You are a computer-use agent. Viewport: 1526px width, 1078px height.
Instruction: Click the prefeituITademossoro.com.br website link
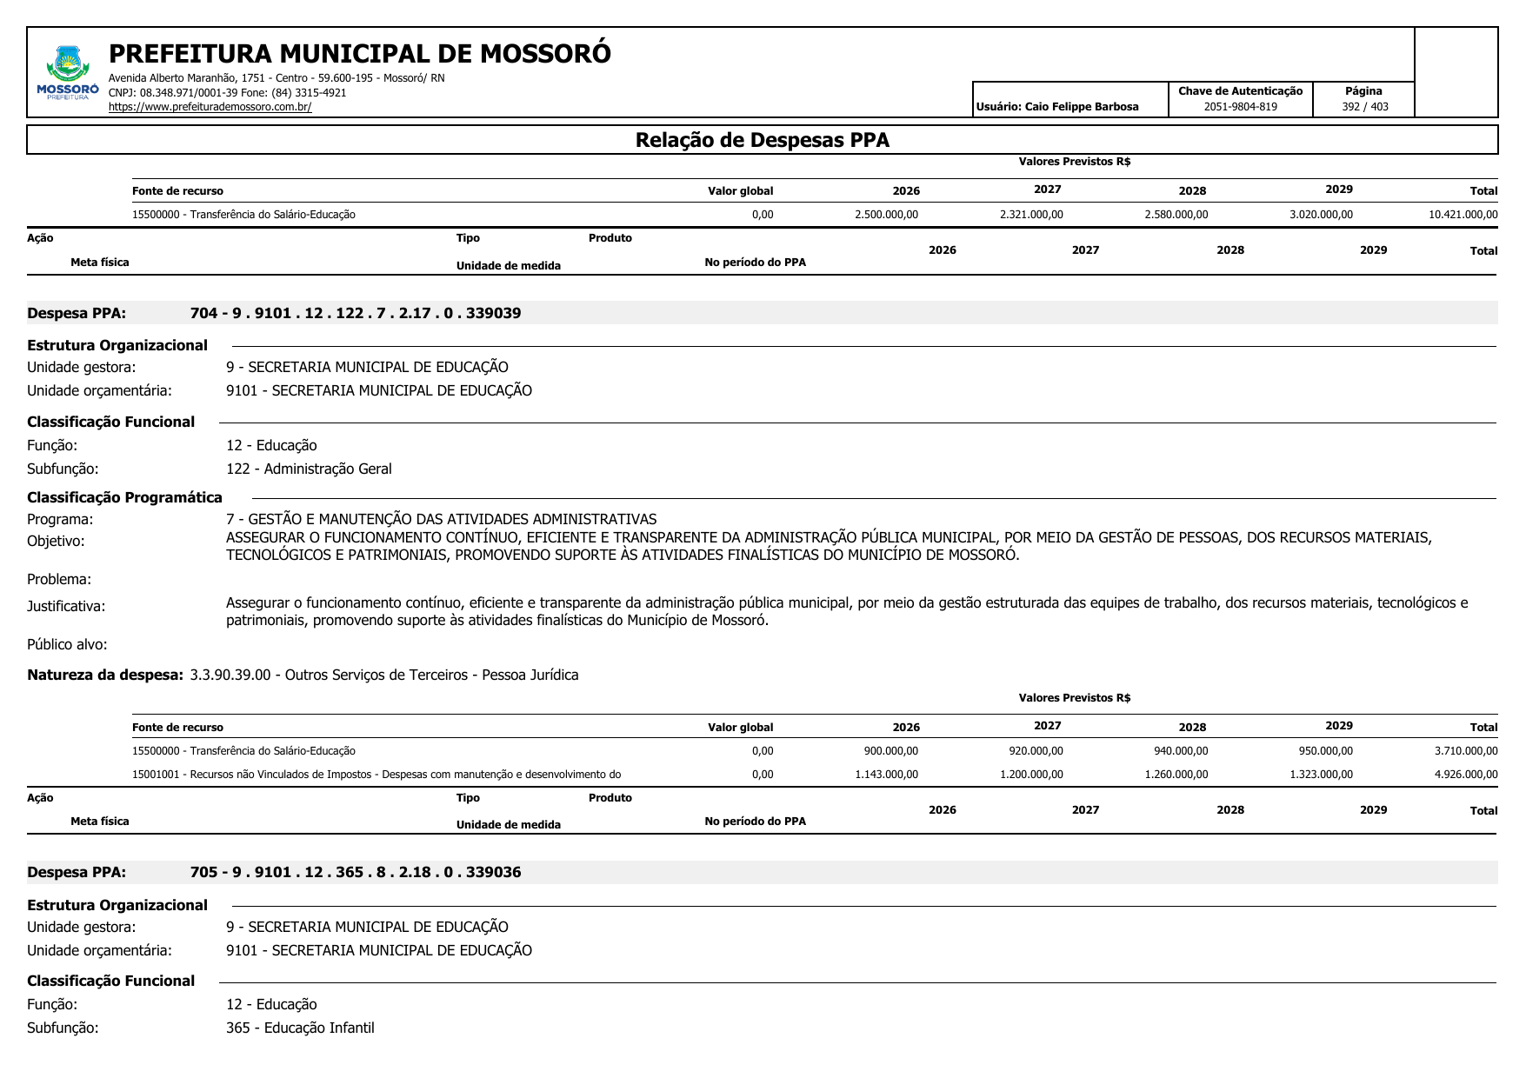click(210, 107)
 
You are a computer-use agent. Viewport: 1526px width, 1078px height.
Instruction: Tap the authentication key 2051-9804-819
click(1240, 107)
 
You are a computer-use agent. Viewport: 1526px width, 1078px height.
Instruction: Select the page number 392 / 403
click(1364, 107)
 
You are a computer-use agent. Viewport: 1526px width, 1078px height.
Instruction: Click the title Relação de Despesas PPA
click(762, 140)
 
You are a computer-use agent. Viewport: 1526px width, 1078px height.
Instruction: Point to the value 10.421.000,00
click(1463, 215)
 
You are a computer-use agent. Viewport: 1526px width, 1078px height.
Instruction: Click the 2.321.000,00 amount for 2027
click(1031, 215)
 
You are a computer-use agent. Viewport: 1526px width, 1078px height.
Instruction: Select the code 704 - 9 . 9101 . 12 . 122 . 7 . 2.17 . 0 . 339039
click(355, 313)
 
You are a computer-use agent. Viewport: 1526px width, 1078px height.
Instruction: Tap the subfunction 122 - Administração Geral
click(309, 469)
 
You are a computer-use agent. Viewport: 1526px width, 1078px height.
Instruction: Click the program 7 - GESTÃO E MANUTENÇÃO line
click(441, 519)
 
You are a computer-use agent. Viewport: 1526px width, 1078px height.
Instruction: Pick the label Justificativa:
click(66, 606)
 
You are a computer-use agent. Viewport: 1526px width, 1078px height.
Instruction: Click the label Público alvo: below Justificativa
click(67, 644)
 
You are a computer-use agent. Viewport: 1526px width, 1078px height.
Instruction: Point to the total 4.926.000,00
click(1466, 775)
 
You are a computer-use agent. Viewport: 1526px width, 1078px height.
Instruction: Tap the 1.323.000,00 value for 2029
click(1321, 775)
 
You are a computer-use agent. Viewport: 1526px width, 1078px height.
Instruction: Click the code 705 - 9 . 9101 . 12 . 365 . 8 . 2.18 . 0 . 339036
click(355, 872)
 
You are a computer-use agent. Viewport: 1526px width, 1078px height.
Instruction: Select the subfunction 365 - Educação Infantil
click(300, 1028)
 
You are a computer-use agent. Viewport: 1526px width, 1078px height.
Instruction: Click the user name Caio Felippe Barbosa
click(1081, 107)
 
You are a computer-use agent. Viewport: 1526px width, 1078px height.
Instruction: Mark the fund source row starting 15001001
click(376, 775)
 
